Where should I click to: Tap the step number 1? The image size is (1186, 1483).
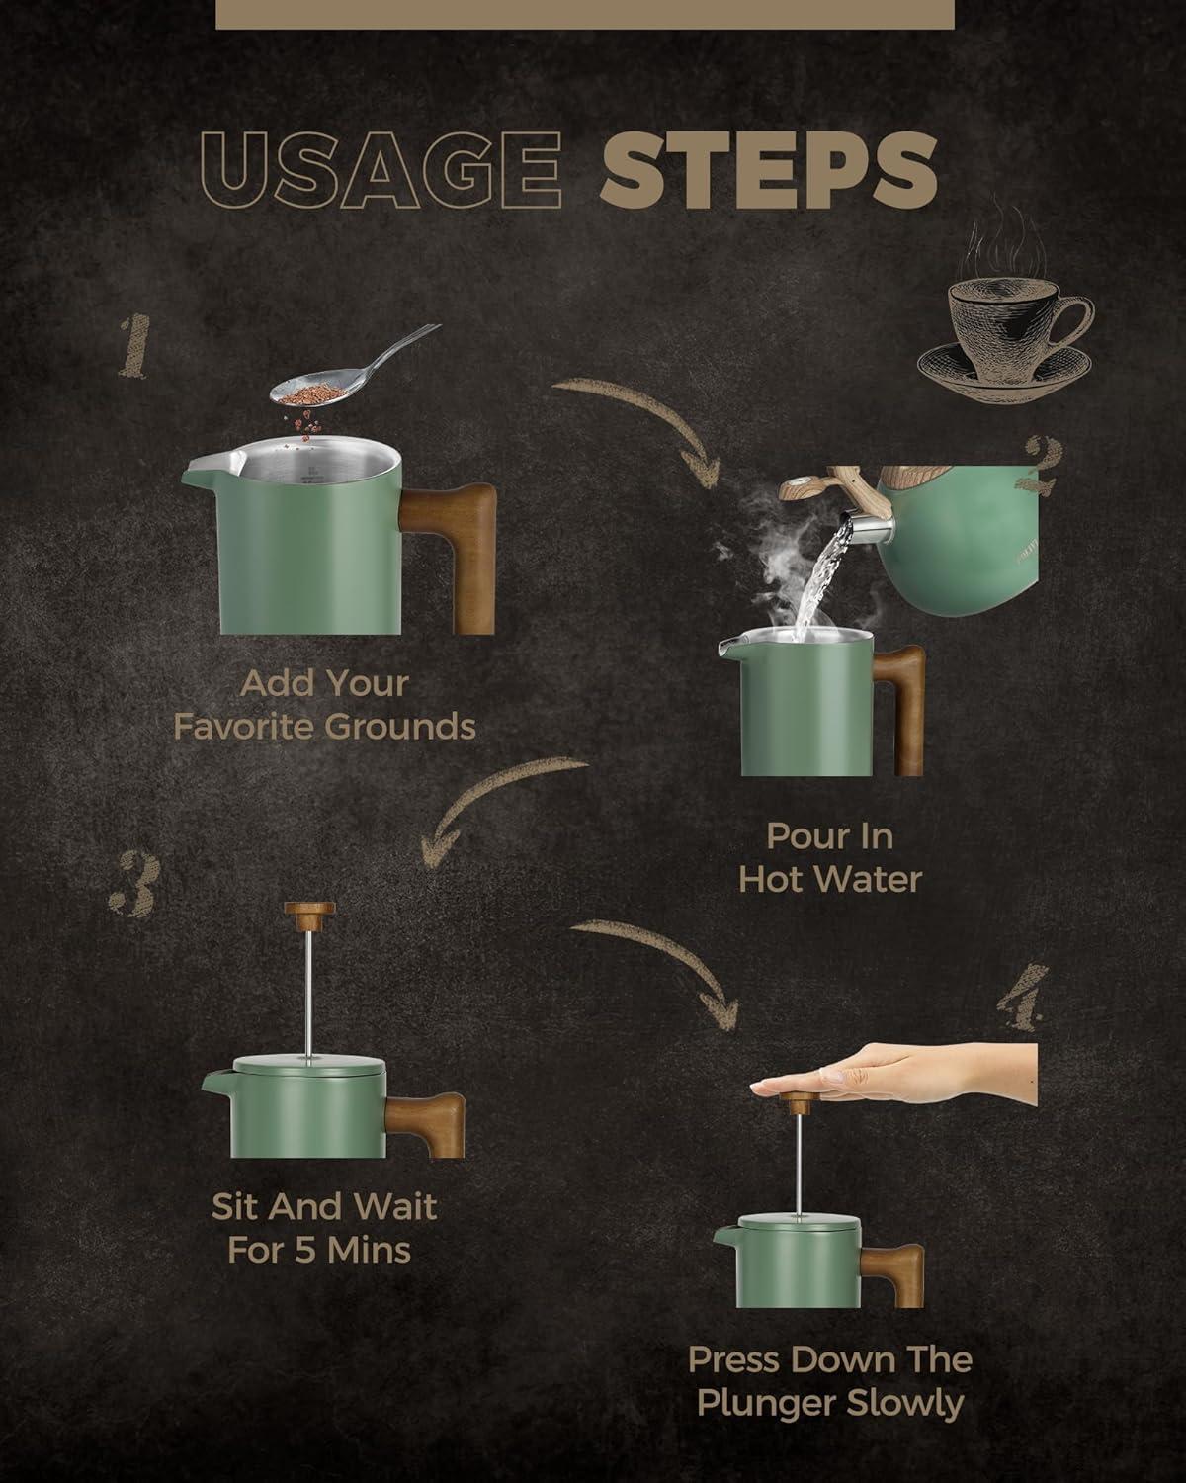tap(135, 346)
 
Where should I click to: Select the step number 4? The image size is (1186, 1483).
tap(1023, 998)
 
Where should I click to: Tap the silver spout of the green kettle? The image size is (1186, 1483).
tap(870, 529)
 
